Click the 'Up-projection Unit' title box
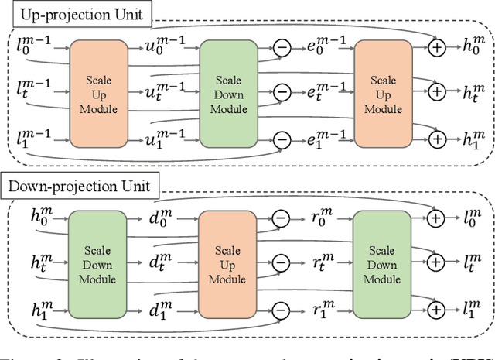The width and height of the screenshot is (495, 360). tap(77, 13)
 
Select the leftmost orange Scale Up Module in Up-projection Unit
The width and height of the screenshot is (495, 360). tap(98, 95)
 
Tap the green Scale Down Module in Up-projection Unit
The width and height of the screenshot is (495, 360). tap(227, 95)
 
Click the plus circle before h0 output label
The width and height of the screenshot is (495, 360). tap(437, 48)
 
